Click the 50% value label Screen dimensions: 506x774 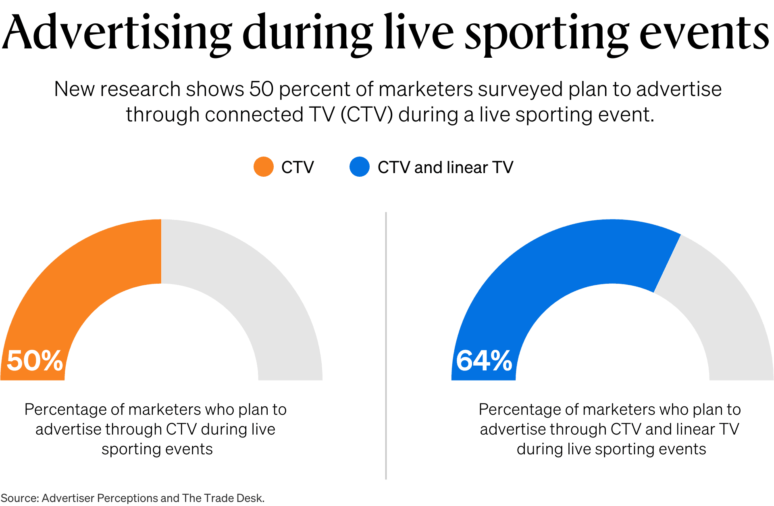tap(35, 360)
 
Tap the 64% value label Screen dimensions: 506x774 tap(484, 360)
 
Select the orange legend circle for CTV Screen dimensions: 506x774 tap(264, 167)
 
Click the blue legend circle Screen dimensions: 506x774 tap(360, 167)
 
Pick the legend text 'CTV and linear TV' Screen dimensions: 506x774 tap(445, 167)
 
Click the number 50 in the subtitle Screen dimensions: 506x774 tap(261, 89)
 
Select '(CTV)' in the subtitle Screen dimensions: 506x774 tap(366, 115)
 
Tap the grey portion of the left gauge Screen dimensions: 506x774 tap(250, 282)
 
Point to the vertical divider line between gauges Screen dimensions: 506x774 tap(386, 343)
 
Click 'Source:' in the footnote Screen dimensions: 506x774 tap(19, 498)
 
